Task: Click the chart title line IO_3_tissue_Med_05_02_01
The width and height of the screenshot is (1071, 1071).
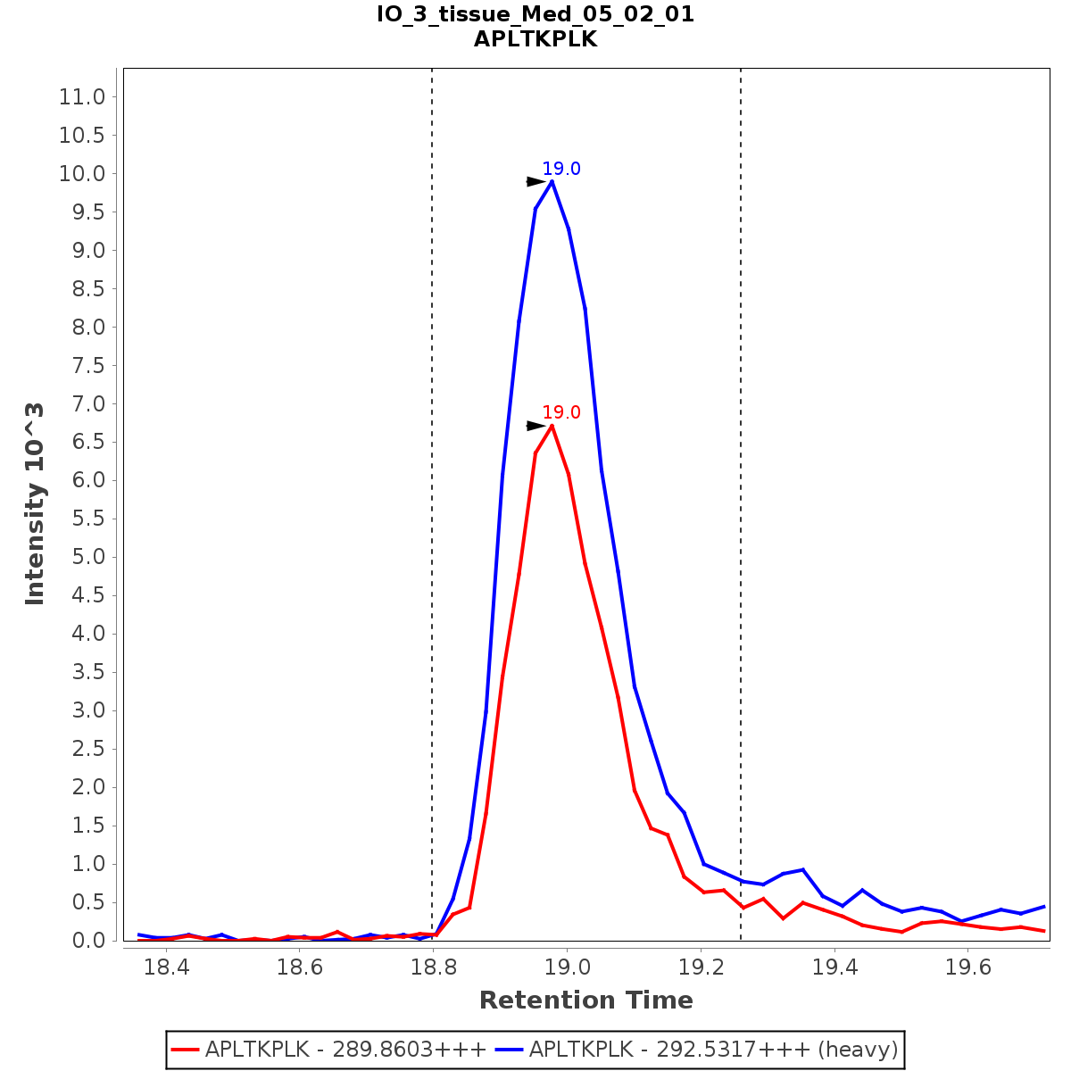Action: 535,14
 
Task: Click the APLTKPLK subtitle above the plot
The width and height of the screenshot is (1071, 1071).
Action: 535,39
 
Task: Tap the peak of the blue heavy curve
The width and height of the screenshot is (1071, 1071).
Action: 552,181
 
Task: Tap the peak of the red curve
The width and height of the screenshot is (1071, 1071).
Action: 552,426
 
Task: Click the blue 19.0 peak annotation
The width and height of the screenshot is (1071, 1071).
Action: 561,169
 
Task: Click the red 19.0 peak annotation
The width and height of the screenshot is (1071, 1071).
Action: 561,412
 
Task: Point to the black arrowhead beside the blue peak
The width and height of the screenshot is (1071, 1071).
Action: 535,181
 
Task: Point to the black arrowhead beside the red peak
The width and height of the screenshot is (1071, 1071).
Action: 535,426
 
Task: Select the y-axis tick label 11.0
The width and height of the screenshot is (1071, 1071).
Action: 82,97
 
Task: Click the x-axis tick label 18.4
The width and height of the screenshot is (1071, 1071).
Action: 165,967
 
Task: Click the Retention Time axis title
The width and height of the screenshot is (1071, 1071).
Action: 585,1000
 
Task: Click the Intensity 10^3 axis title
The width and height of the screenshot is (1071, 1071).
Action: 36,504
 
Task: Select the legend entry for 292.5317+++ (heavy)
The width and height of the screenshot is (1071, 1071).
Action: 713,1049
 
